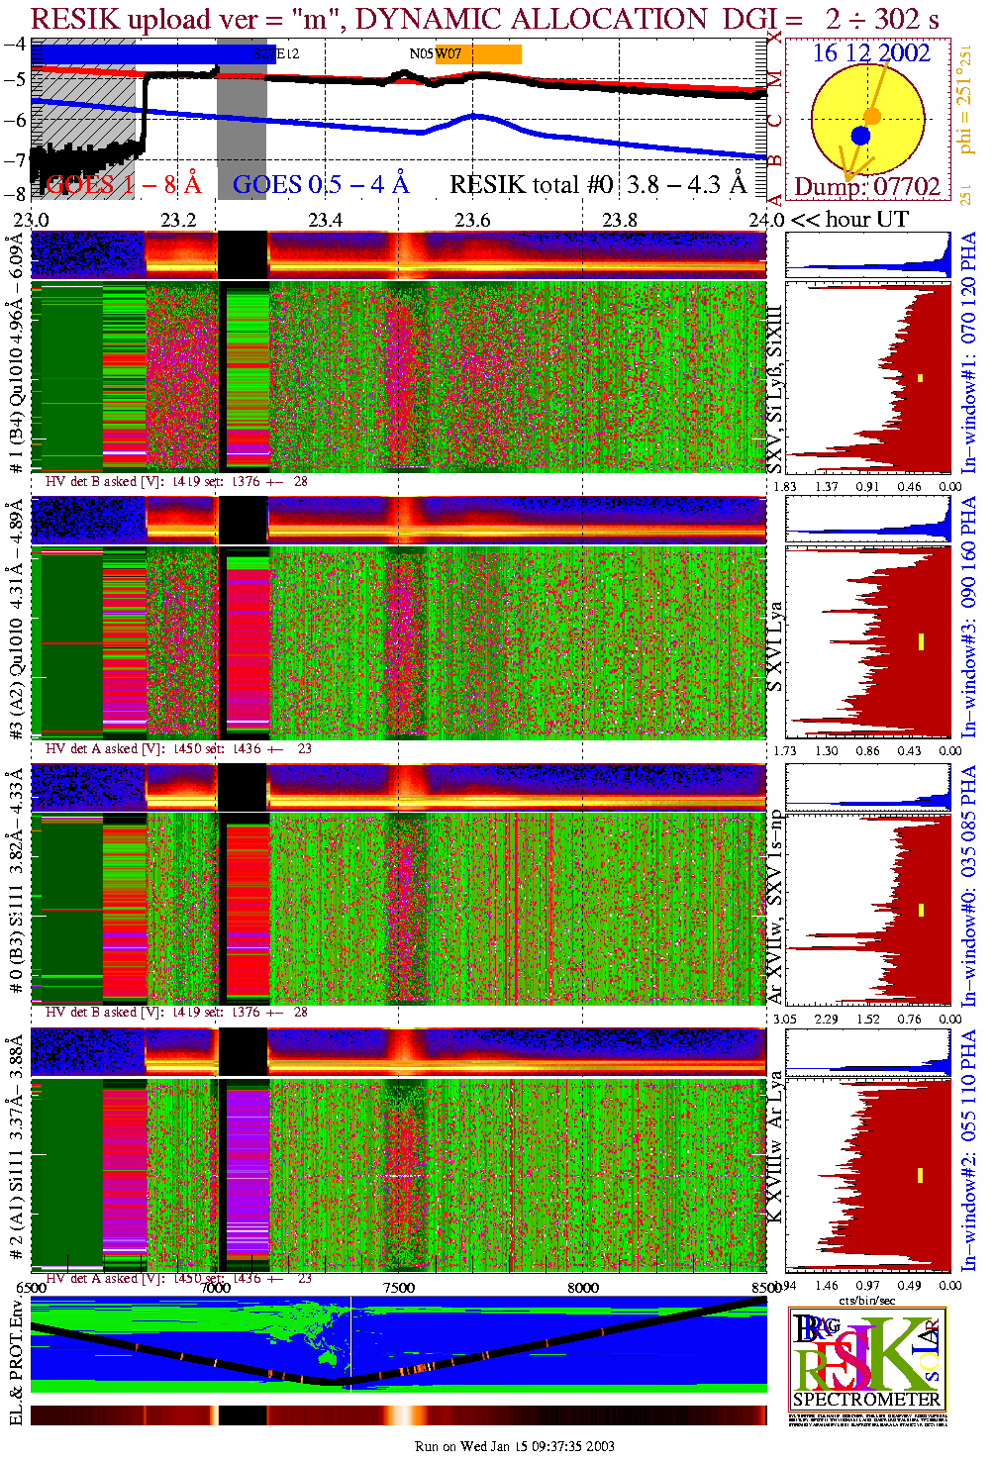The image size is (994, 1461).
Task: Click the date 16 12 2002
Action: tap(871, 53)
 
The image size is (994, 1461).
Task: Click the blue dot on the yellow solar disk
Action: tap(860, 136)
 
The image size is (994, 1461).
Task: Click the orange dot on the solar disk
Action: tap(872, 116)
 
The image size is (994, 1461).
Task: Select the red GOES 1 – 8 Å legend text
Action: tap(123, 184)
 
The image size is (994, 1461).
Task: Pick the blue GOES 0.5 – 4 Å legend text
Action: tap(321, 184)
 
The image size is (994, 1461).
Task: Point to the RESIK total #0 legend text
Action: tap(598, 184)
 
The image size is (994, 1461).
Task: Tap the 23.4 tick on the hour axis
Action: tap(325, 219)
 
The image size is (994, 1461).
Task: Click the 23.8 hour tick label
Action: tap(620, 219)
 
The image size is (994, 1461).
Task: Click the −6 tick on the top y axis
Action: tap(15, 119)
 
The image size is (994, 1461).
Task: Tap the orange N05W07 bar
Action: tap(478, 54)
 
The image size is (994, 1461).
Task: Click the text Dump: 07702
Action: tap(867, 186)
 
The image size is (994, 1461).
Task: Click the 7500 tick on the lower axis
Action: tap(399, 1287)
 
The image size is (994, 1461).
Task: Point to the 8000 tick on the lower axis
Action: tap(583, 1287)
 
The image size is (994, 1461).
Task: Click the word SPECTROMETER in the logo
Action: tap(866, 1400)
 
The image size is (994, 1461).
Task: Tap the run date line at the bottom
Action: tap(515, 1446)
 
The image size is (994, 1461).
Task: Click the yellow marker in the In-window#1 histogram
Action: tap(920, 377)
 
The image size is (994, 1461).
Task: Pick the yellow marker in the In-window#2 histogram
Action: tap(920, 1175)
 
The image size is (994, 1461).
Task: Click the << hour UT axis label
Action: tap(849, 219)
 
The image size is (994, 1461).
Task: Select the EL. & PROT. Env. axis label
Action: tap(16, 1363)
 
